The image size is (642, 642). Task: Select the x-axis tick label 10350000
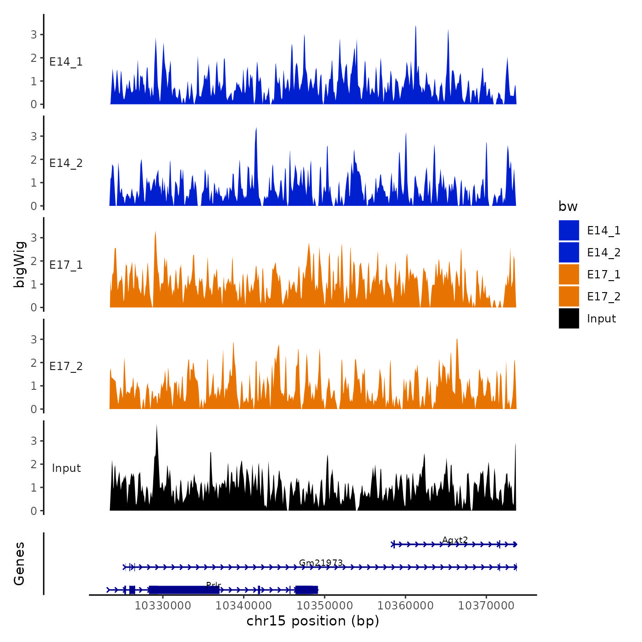[325, 605]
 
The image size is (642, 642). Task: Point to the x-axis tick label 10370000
[486, 605]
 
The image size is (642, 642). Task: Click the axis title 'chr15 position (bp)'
[313, 621]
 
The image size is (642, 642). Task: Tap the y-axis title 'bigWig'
[20, 264]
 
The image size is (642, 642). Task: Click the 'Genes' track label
[20, 564]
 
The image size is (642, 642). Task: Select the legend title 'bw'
[568, 206]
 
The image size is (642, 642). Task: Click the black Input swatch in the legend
[569, 318]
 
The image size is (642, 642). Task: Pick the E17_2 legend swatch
[569, 296]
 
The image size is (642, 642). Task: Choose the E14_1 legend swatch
[569, 230]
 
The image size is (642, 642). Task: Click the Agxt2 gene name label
[455, 540]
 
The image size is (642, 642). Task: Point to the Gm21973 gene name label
[321, 563]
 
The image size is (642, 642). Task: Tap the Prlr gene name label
[214, 585]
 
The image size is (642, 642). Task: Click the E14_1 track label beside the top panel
[66, 62]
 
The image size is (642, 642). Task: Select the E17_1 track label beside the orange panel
[66, 265]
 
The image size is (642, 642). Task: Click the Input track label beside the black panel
[66, 468]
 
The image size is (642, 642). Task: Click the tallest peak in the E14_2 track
[256, 129]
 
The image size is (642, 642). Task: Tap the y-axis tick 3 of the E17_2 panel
[34, 339]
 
